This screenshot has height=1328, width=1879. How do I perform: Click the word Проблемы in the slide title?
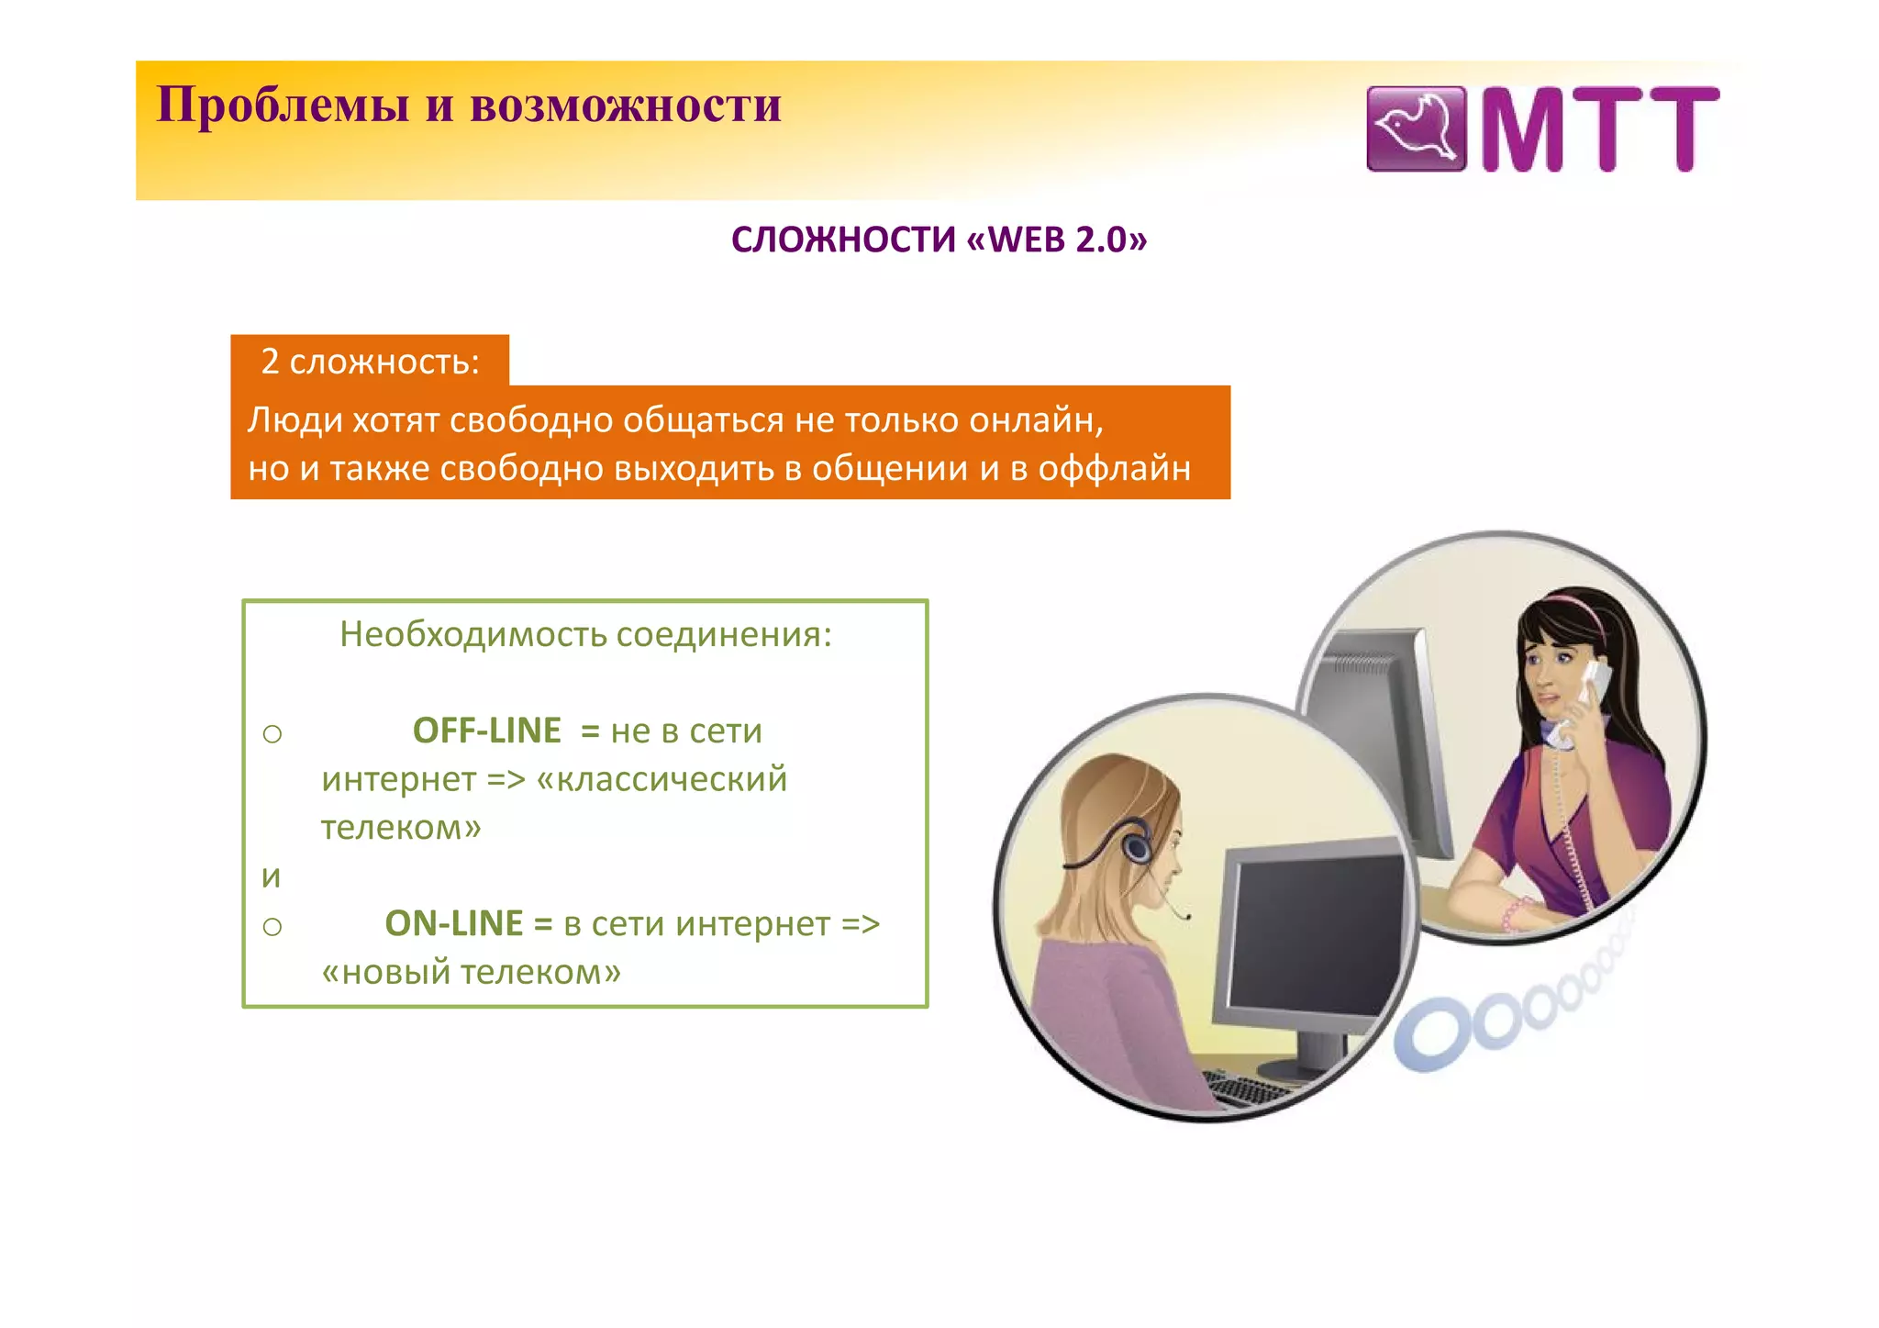point(283,106)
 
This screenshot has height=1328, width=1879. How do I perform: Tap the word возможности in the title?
point(625,106)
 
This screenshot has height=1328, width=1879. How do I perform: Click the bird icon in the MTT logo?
point(1416,129)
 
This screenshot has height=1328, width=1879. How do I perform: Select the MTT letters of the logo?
point(1599,129)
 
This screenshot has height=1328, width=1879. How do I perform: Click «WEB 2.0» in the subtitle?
point(1056,240)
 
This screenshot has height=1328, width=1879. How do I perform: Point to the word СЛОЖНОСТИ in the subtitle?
point(843,240)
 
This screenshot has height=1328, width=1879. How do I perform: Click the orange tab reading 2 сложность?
point(370,361)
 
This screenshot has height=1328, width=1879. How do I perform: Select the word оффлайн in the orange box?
point(1114,469)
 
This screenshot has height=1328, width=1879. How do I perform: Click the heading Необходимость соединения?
point(585,634)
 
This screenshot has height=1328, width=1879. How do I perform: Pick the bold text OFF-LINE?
point(486,731)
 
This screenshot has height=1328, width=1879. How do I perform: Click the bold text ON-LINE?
point(453,923)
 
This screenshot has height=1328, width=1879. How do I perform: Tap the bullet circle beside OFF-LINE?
point(272,734)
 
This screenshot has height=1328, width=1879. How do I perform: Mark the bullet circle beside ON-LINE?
point(272,927)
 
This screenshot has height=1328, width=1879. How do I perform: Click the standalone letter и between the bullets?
point(271,876)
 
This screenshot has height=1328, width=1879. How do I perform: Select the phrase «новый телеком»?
point(471,972)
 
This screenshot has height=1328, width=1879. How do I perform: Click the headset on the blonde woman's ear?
point(1136,842)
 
